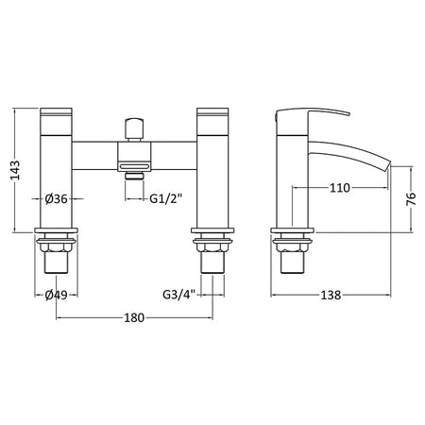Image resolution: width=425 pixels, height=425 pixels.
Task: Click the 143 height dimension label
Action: [x=15, y=170]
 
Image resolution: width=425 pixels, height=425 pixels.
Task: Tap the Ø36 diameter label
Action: [x=56, y=198]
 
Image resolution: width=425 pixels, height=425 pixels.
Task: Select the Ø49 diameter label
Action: [x=56, y=295]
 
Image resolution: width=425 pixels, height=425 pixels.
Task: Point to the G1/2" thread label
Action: [x=166, y=198]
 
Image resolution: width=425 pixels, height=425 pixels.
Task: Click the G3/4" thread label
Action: [x=179, y=295]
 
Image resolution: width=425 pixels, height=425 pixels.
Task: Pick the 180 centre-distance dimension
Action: [x=134, y=318]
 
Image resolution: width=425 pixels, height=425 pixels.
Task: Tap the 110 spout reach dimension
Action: [x=340, y=188]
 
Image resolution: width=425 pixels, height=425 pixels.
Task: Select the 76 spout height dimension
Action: [x=411, y=198]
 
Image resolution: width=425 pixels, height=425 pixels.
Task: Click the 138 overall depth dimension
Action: [x=331, y=296]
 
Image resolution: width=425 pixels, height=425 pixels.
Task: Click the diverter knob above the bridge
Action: [x=134, y=129]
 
